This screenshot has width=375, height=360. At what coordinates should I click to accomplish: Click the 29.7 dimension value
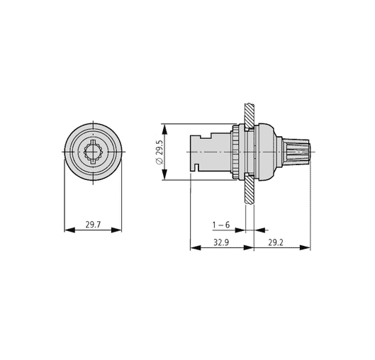[94, 225]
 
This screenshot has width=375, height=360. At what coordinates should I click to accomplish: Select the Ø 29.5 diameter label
[159, 152]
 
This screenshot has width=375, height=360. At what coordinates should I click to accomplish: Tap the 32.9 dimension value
[221, 242]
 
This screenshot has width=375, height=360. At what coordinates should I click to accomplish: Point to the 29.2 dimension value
[276, 242]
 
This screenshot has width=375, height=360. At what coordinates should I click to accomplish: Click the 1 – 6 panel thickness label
[221, 225]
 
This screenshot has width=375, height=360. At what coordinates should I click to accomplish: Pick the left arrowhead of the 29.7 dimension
[70, 230]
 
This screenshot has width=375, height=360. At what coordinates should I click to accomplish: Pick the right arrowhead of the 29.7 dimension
[116, 230]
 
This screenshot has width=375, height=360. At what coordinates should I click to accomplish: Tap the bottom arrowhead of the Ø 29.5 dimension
[164, 174]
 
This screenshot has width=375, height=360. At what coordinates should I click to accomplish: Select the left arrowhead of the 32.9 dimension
[196, 247]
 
